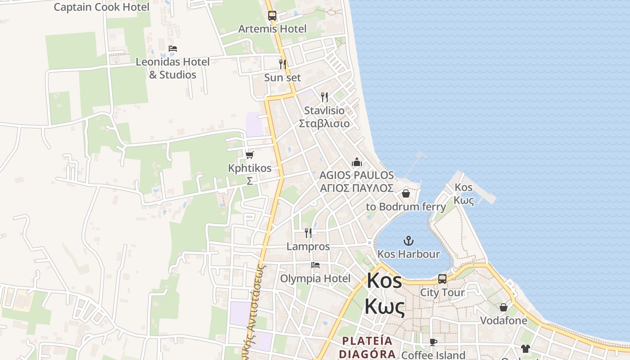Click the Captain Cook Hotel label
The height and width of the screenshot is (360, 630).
(x=101, y=7)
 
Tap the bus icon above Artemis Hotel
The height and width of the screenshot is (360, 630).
(x=272, y=15)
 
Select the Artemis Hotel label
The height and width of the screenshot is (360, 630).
(x=272, y=29)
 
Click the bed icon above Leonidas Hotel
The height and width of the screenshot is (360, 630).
(x=173, y=49)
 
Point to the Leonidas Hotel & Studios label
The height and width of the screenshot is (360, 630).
(x=173, y=68)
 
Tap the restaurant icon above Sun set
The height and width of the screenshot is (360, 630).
(x=283, y=64)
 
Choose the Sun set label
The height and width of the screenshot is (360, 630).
(x=283, y=77)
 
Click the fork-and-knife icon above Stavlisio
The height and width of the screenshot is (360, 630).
(x=324, y=97)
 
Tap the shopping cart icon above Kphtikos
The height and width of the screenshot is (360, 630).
(x=250, y=155)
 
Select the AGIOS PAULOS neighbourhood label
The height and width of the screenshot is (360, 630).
(x=356, y=181)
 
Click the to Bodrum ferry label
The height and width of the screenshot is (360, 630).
(x=406, y=207)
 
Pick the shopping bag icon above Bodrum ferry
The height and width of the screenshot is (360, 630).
(x=406, y=193)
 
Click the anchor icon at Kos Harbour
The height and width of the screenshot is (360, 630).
(x=409, y=241)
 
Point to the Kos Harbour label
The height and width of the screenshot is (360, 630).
(x=409, y=254)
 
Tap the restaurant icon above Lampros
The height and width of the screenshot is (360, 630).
(x=308, y=233)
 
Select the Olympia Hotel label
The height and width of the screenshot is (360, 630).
(x=315, y=279)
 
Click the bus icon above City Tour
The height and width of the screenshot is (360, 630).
(x=442, y=279)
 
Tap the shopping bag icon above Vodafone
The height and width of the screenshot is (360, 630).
(x=504, y=307)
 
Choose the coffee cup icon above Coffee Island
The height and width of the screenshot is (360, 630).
(x=433, y=342)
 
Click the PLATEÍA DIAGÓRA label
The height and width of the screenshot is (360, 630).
(x=367, y=347)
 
